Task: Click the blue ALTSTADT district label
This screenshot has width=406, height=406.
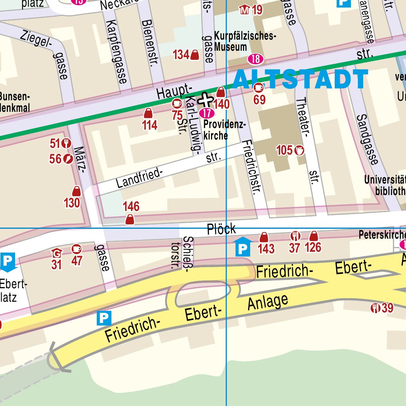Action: (300, 79)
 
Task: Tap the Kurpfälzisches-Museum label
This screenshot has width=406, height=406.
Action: (245, 41)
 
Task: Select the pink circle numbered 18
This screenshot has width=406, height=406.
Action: (256, 59)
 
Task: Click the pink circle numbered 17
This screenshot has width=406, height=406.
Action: (206, 113)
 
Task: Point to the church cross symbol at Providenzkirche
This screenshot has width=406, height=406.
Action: (205, 99)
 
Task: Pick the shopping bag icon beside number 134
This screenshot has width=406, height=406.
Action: (195, 55)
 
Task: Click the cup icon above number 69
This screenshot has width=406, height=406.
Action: (259, 88)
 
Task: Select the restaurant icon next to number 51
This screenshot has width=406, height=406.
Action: (66, 143)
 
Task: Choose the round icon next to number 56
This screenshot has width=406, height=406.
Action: (68, 159)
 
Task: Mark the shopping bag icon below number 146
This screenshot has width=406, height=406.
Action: (130, 219)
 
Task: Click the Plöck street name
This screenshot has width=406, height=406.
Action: (221, 229)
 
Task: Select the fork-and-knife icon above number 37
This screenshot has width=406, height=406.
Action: (295, 237)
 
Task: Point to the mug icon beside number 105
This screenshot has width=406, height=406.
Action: (299, 150)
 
